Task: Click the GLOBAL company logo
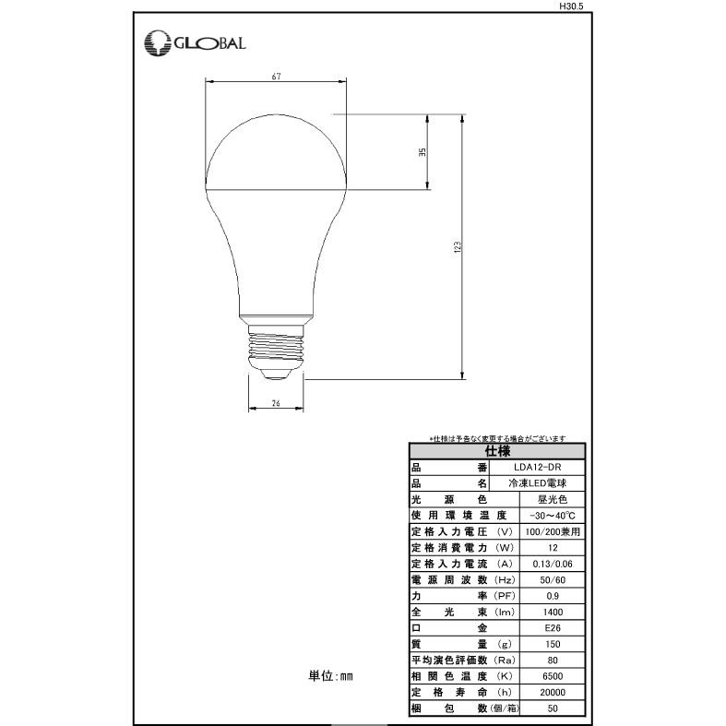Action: point(195,42)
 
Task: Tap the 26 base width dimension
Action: point(276,403)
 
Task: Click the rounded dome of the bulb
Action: point(276,152)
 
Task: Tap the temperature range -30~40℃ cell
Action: point(553,516)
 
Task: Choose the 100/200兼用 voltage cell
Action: point(553,532)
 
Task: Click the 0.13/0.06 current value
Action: point(553,564)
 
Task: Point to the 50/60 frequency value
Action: point(553,580)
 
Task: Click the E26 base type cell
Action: point(553,628)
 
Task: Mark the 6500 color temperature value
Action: point(553,676)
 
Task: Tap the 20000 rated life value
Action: point(553,692)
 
